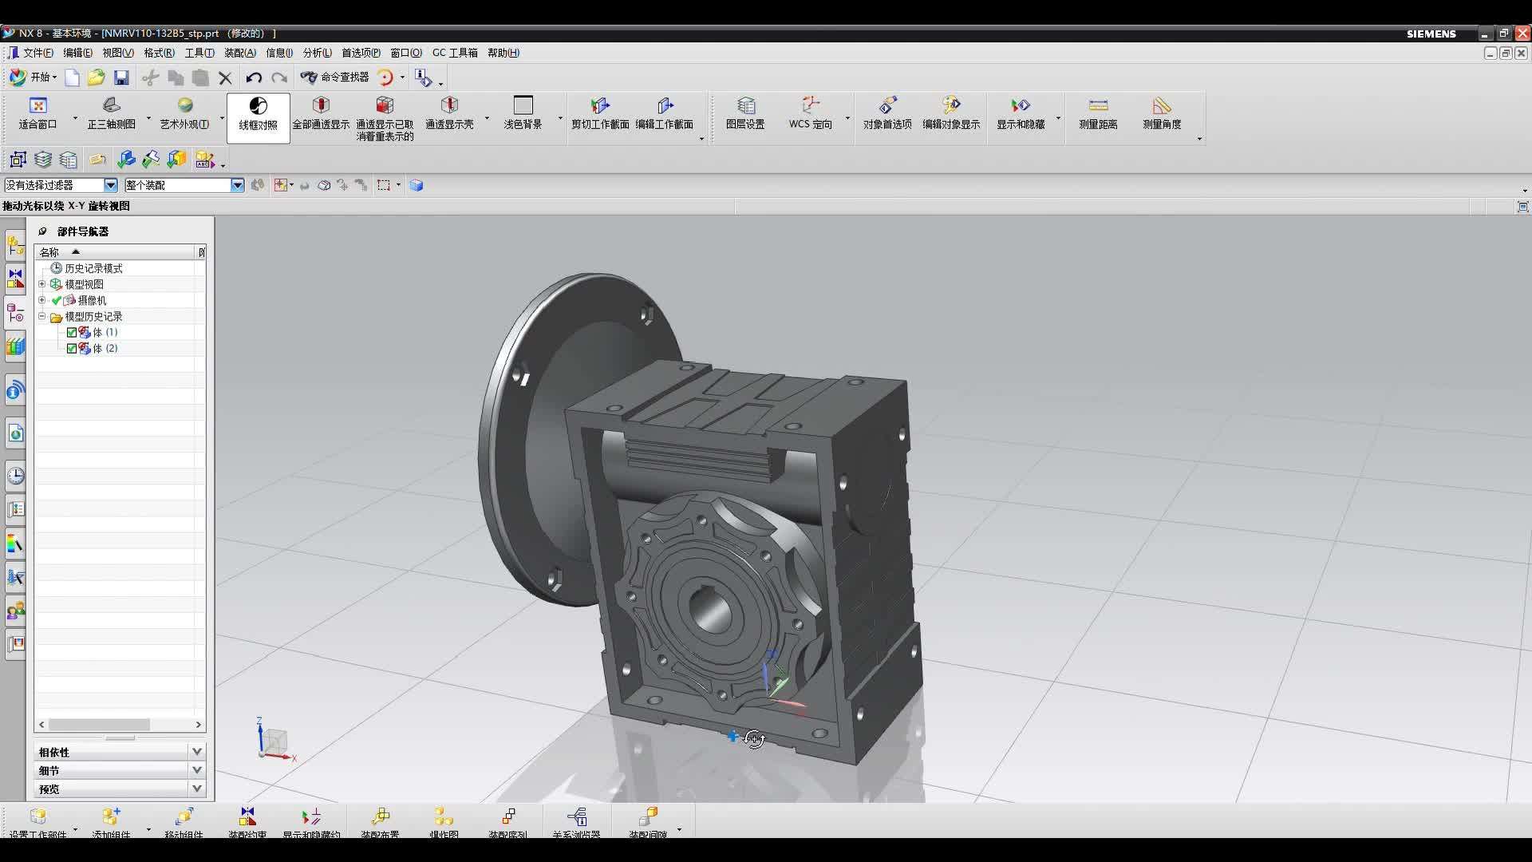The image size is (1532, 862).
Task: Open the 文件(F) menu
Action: [x=32, y=53]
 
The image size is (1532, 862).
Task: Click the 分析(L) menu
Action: [x=317, y=53]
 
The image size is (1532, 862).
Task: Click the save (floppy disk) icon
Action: [x=121, y=77]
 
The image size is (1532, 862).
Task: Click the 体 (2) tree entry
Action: [x=105, y=349]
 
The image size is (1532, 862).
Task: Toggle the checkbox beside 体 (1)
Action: [x=72, y=333]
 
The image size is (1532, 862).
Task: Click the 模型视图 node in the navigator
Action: [x=84, y=284]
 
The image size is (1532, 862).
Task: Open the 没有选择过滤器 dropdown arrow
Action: [x=111, y=185]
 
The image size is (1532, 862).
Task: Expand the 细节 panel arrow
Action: [x=196, y=770]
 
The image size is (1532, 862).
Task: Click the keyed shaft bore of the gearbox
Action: [x=707, y=611]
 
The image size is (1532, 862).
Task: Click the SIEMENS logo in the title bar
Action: [x=1431, y=34]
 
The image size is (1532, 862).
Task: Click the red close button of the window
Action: [x=1522, y=34]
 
